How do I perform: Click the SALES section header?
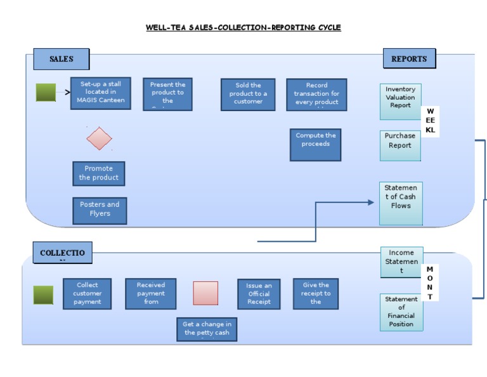tap(61, 59)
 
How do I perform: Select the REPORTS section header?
tap(409, 58)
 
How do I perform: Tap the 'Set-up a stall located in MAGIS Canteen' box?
tap(101, 93)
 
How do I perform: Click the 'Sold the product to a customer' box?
tap(248, 95)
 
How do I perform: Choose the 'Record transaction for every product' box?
tap(316, 95)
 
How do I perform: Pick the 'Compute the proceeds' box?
tap(315, 145)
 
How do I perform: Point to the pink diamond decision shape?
tap(99, 138)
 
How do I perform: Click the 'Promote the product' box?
tap(98, 173)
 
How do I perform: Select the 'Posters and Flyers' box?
tap(100, 210)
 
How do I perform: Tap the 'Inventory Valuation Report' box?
tap(400, 102)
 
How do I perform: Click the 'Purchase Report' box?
tap(400, 146)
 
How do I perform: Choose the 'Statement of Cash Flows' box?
tap(401, 203)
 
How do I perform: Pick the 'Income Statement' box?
tap(401, 262)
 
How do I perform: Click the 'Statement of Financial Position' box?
tap(401, 312)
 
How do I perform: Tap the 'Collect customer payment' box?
tap(88, 294)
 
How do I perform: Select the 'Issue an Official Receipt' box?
tap(259, 294)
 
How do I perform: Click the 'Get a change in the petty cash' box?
tap(207, 329)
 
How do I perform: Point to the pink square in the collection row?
tap(205, 293)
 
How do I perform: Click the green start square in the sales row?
tap(46, 93)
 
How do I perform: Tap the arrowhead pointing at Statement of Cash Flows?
tap(371, 202)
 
